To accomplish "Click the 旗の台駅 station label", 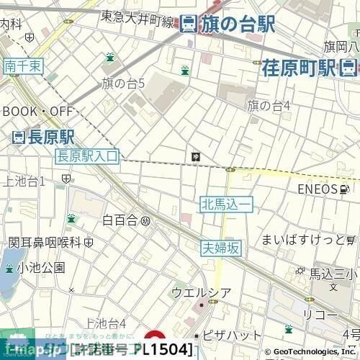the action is (237, 24).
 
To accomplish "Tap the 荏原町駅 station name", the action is (299, 68).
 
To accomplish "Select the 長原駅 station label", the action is (53, 137).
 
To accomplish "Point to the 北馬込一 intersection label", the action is (226, 206).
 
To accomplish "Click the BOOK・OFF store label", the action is (37, 112).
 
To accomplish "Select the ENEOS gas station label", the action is (318, 189).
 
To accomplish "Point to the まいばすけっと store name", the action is (303, 239).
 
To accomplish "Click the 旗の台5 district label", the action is (123, 84).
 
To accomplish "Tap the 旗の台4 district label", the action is (269, 106).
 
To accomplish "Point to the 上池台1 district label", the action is (24, 180).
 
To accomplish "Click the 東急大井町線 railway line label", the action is (138, 19).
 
